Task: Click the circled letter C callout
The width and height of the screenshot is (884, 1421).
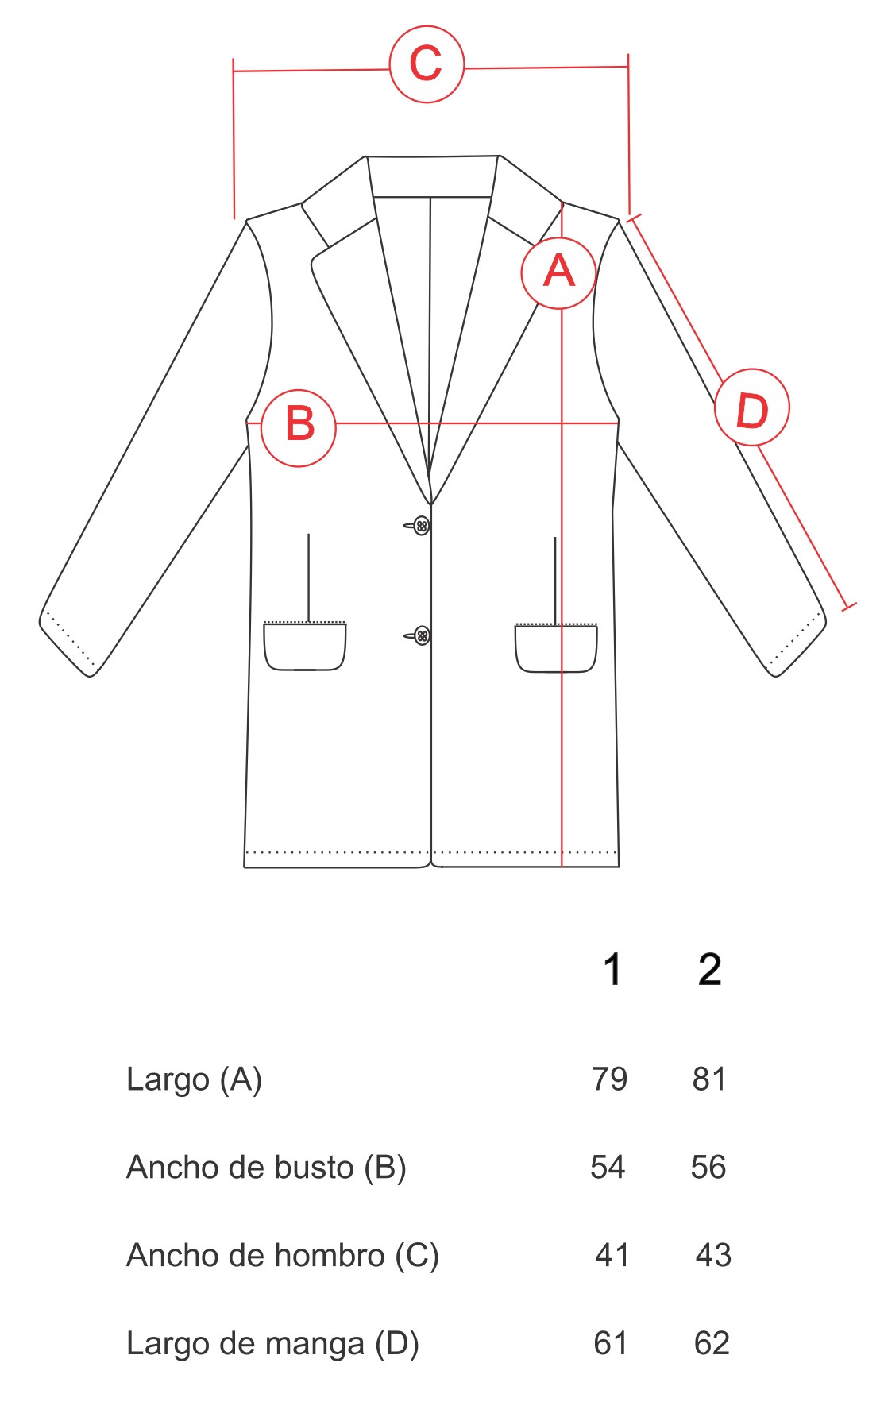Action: [x=427, y=64]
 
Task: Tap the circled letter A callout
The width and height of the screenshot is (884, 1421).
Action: [x=558, y=272]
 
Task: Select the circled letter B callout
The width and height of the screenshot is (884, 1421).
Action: [x=299, y=427]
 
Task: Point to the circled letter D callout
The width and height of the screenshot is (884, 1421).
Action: [x=751, y=407]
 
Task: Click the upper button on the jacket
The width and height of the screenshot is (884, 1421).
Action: [x=422, y=526]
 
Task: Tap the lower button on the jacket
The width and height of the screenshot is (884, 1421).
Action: [x=423, y=635]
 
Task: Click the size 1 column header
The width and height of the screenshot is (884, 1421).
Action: [x=612, y=970]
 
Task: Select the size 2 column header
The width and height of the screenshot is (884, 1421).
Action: [x=710, y=970]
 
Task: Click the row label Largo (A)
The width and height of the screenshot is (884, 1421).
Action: [x=195, y=1080]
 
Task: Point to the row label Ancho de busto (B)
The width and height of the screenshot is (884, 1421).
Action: [x=267, y=1168]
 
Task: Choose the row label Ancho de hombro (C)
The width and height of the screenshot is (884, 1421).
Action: [x=283, y=1257]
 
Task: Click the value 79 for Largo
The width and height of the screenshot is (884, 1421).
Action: [x=610, y=1079]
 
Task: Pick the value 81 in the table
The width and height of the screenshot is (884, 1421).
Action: [x=709, y=1079]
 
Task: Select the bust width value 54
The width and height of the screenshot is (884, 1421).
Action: [x=608, y=1168]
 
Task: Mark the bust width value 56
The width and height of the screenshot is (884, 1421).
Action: [x=708, y=1168]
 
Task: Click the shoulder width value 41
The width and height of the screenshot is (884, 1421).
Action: [x=612, y=1256]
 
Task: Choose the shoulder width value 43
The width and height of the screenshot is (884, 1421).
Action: [x=713, y=1256]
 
